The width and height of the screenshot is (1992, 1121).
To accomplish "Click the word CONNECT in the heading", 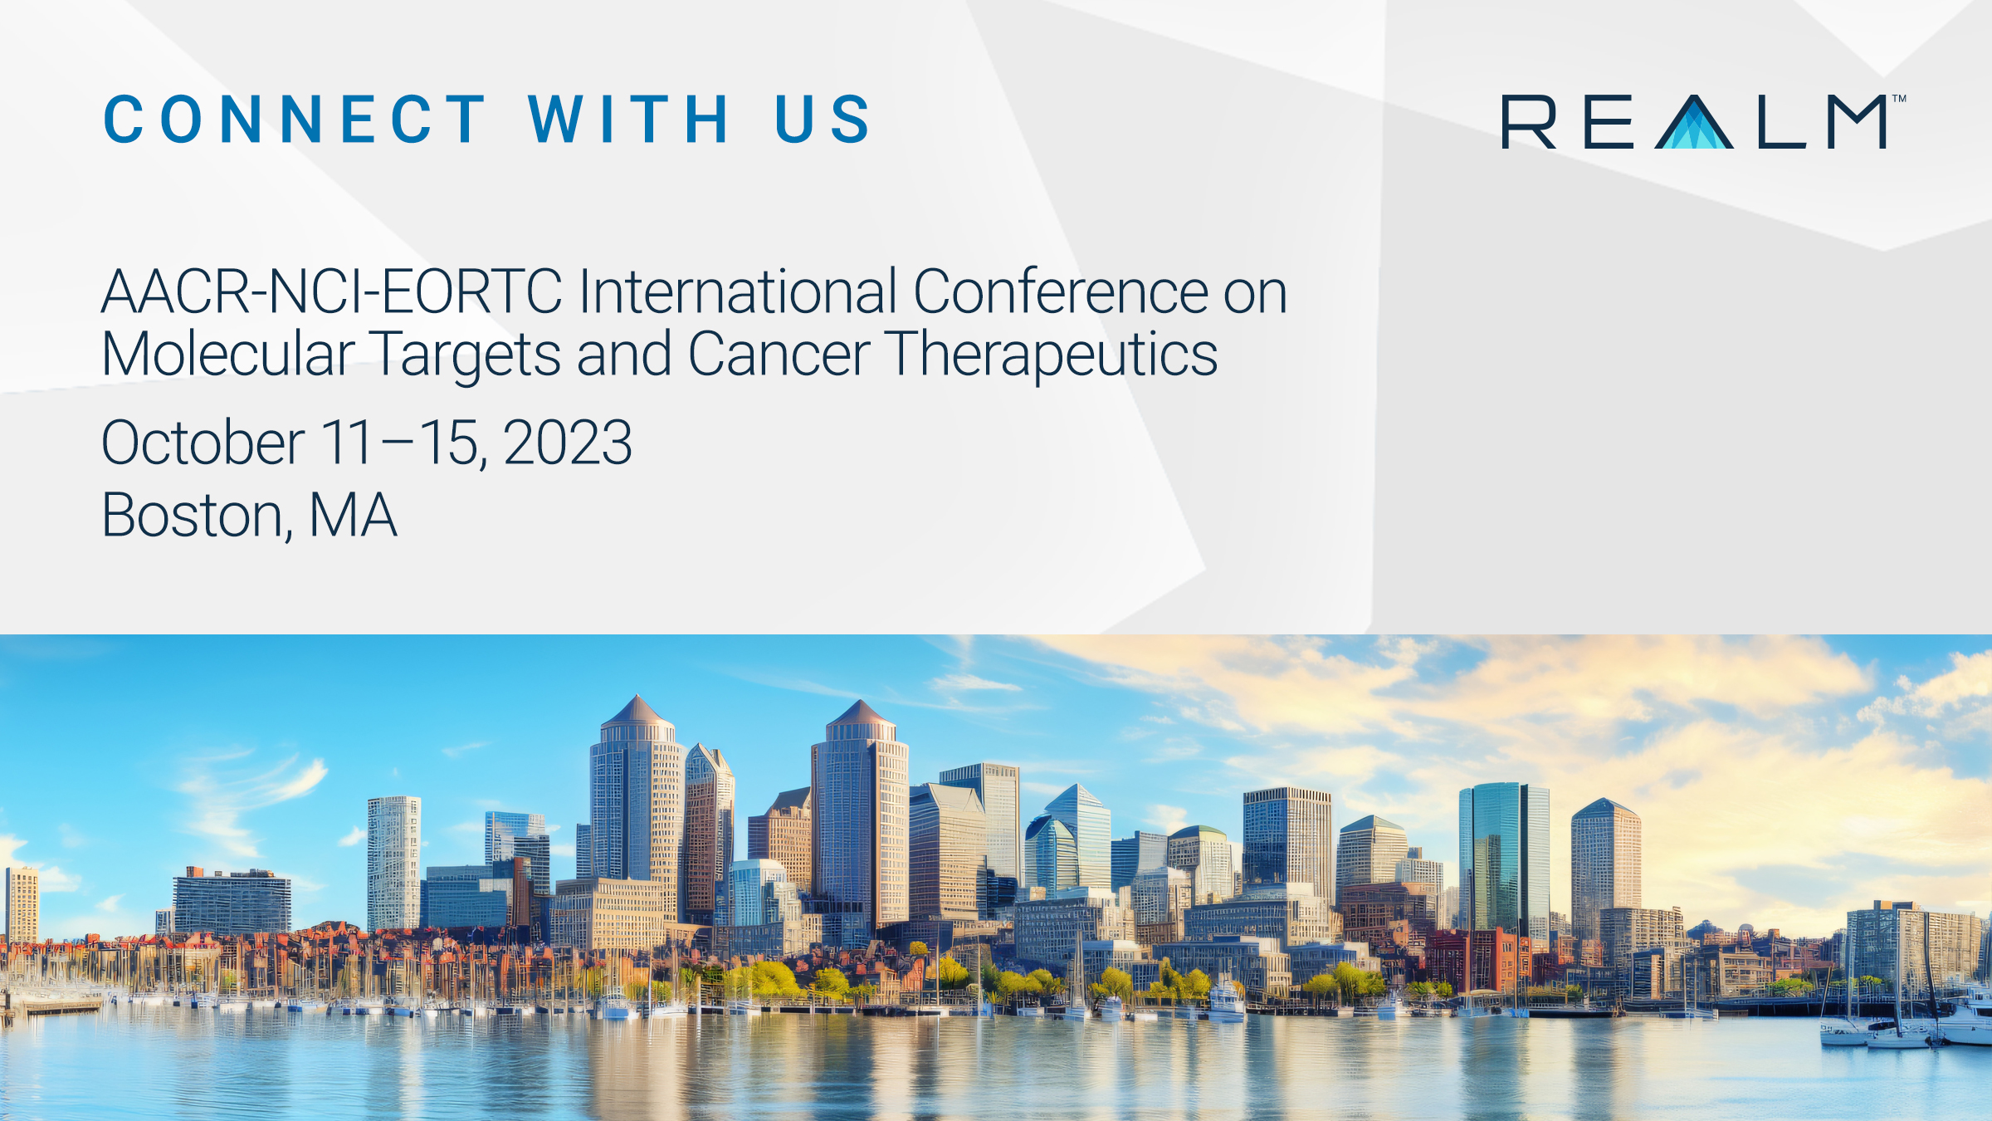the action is tap(294, 119).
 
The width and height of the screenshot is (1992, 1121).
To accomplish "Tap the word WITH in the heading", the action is tap(628, 119).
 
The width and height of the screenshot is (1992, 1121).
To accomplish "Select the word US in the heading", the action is tap(822, 119).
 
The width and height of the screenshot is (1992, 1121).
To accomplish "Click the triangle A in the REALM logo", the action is tap(1694, 123).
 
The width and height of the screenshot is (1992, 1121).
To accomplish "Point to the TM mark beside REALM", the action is tap(1899, 99).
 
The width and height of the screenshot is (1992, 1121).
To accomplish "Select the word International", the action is tap(738, 291).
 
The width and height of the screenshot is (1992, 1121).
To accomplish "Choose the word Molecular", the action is tap(228, 354).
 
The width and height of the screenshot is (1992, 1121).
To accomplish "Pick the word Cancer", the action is tap(779, 355).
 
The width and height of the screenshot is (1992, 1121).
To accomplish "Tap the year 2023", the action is tap(568, 443).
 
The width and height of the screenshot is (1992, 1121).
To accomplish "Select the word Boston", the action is tap(198, 516).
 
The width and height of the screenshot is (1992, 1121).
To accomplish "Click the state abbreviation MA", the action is tap(353, 516).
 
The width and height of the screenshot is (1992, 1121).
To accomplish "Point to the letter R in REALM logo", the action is tap(1529, 122).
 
